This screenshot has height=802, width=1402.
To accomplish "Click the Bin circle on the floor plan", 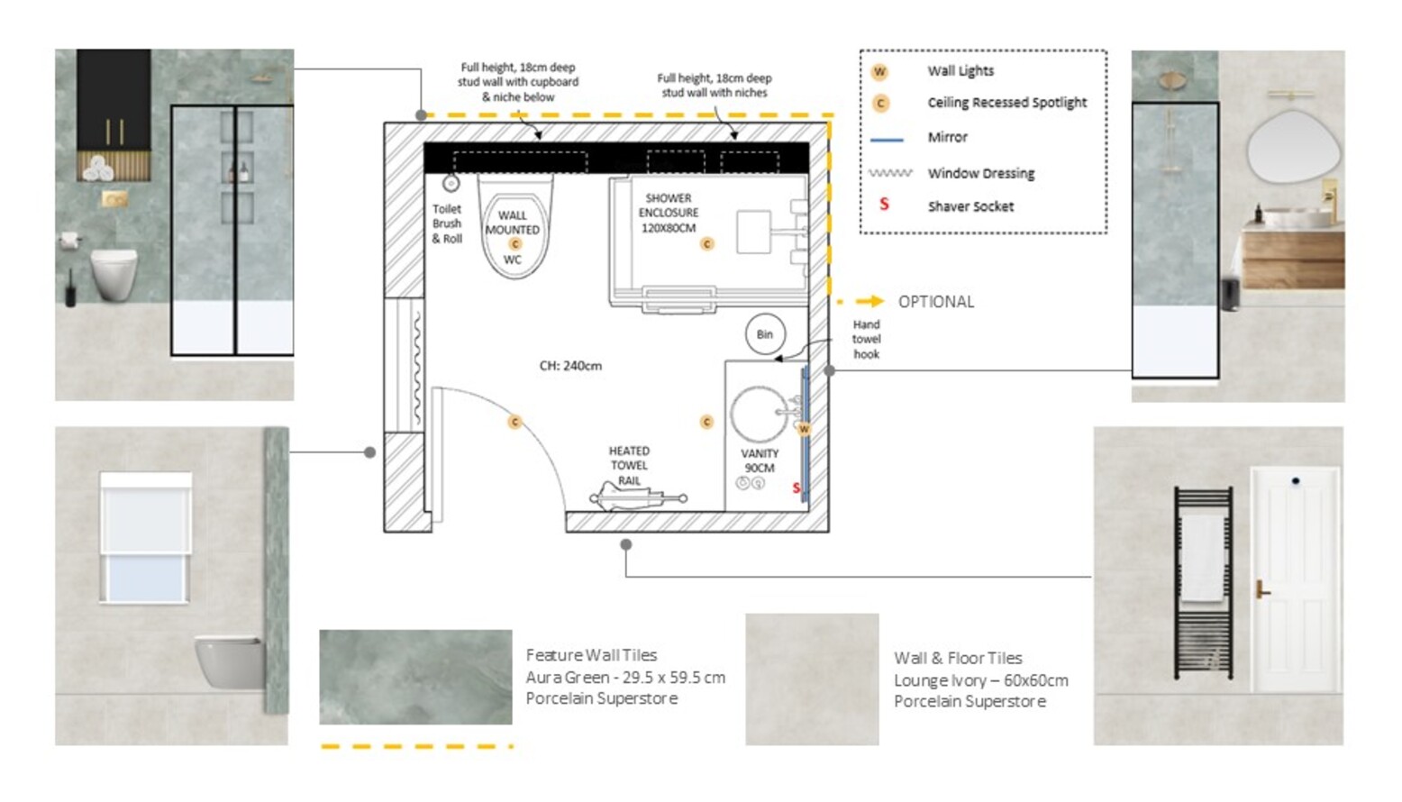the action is coord(765,334).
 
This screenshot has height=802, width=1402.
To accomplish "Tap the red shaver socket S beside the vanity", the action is coord(797,488).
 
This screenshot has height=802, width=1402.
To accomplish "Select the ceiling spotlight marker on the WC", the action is coord(515,244).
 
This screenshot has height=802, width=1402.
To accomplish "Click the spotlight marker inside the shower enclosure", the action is coord(707,244).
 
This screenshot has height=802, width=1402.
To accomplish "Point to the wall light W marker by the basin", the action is coord(805,429).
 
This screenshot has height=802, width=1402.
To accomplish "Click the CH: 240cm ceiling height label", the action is coord(571,366).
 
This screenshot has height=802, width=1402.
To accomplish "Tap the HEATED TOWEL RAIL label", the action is coord(629,466).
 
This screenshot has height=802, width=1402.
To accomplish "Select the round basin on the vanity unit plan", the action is coord(760,415).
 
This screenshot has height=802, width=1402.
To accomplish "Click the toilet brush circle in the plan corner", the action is coord(451,184).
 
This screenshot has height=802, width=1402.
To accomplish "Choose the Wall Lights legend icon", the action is coord(879,71).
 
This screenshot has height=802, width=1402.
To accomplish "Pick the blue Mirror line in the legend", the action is coord(887,140).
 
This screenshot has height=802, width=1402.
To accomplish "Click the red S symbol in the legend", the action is coord(885,204).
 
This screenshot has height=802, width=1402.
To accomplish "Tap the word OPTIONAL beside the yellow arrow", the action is coord(936,302).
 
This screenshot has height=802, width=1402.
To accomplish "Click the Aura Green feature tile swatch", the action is coord(415,677).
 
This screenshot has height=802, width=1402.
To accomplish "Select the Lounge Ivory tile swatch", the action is coord(812,679).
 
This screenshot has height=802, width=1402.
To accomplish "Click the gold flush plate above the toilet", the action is coord(114,199).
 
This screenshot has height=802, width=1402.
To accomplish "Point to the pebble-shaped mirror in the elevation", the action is coord(1292,147).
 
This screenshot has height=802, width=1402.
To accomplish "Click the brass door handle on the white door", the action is coord(1261,589).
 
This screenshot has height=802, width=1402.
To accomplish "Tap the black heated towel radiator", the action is coord(1203,583).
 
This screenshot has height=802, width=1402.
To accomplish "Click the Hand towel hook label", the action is coord(866,340).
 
